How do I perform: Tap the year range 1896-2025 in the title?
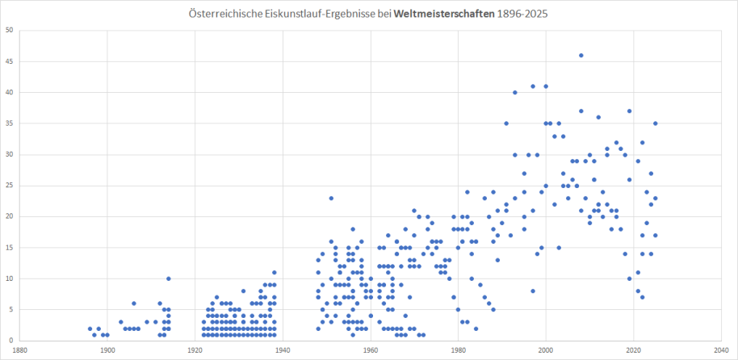(527, 15)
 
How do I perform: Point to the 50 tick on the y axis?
(9, 31)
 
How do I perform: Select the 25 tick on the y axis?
(9, 185)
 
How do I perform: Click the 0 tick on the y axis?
(10, 339)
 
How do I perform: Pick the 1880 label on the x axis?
(19, 350)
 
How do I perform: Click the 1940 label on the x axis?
(283, 350)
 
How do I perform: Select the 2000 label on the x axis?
(546, 350)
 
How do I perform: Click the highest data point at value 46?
(581, 56)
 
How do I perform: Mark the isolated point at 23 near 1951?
(331, 198)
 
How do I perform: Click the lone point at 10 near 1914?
(169, 278)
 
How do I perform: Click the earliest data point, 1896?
(90, 329)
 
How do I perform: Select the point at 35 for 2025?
(656, 123)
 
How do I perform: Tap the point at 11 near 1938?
(274, 272)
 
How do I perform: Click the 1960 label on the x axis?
(371, 350)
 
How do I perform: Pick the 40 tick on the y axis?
(9, 93)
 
